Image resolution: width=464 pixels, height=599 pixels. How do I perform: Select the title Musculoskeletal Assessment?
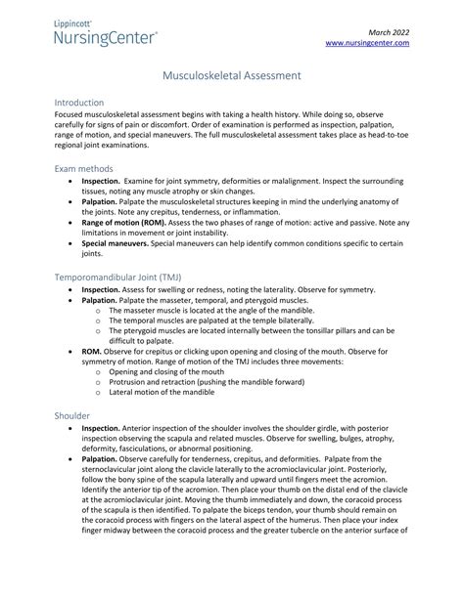[x=231, y=74]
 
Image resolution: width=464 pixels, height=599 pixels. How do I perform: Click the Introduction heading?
[x=85, y=103]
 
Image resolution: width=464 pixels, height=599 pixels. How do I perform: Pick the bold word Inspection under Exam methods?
[x=101, y=182]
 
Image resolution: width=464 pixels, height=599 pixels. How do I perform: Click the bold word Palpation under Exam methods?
[x=99, y=202]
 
